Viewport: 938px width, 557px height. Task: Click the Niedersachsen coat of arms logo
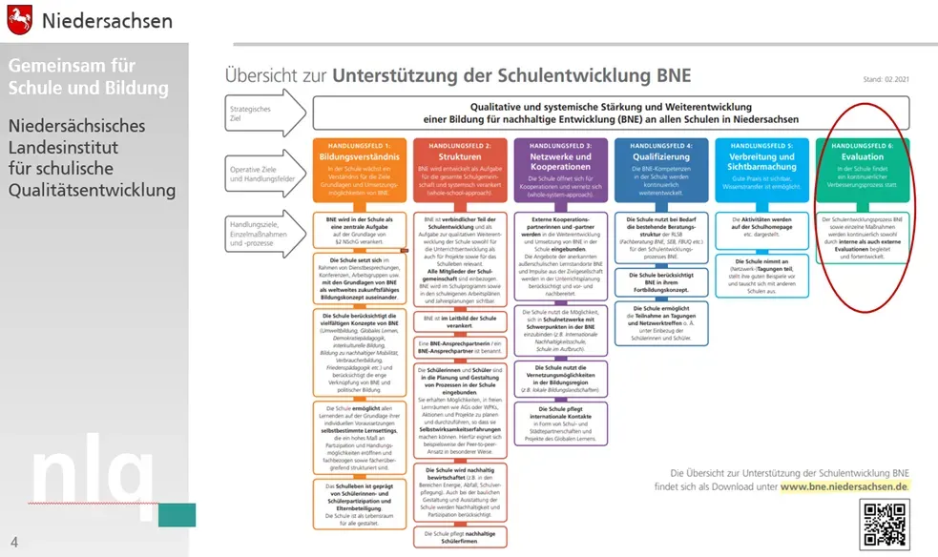click(19, 19)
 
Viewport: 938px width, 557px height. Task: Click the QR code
click(885, 524)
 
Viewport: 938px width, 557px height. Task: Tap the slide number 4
click(14, 541)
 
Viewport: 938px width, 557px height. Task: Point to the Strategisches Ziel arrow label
click(254, 114)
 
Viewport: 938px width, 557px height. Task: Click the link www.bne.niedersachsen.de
click(844, 485)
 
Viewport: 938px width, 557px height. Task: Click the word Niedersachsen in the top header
click(107, 20)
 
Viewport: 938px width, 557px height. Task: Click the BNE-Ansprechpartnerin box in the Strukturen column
click(460, 347)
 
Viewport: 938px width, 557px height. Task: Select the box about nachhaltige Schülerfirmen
click(460, 536)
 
